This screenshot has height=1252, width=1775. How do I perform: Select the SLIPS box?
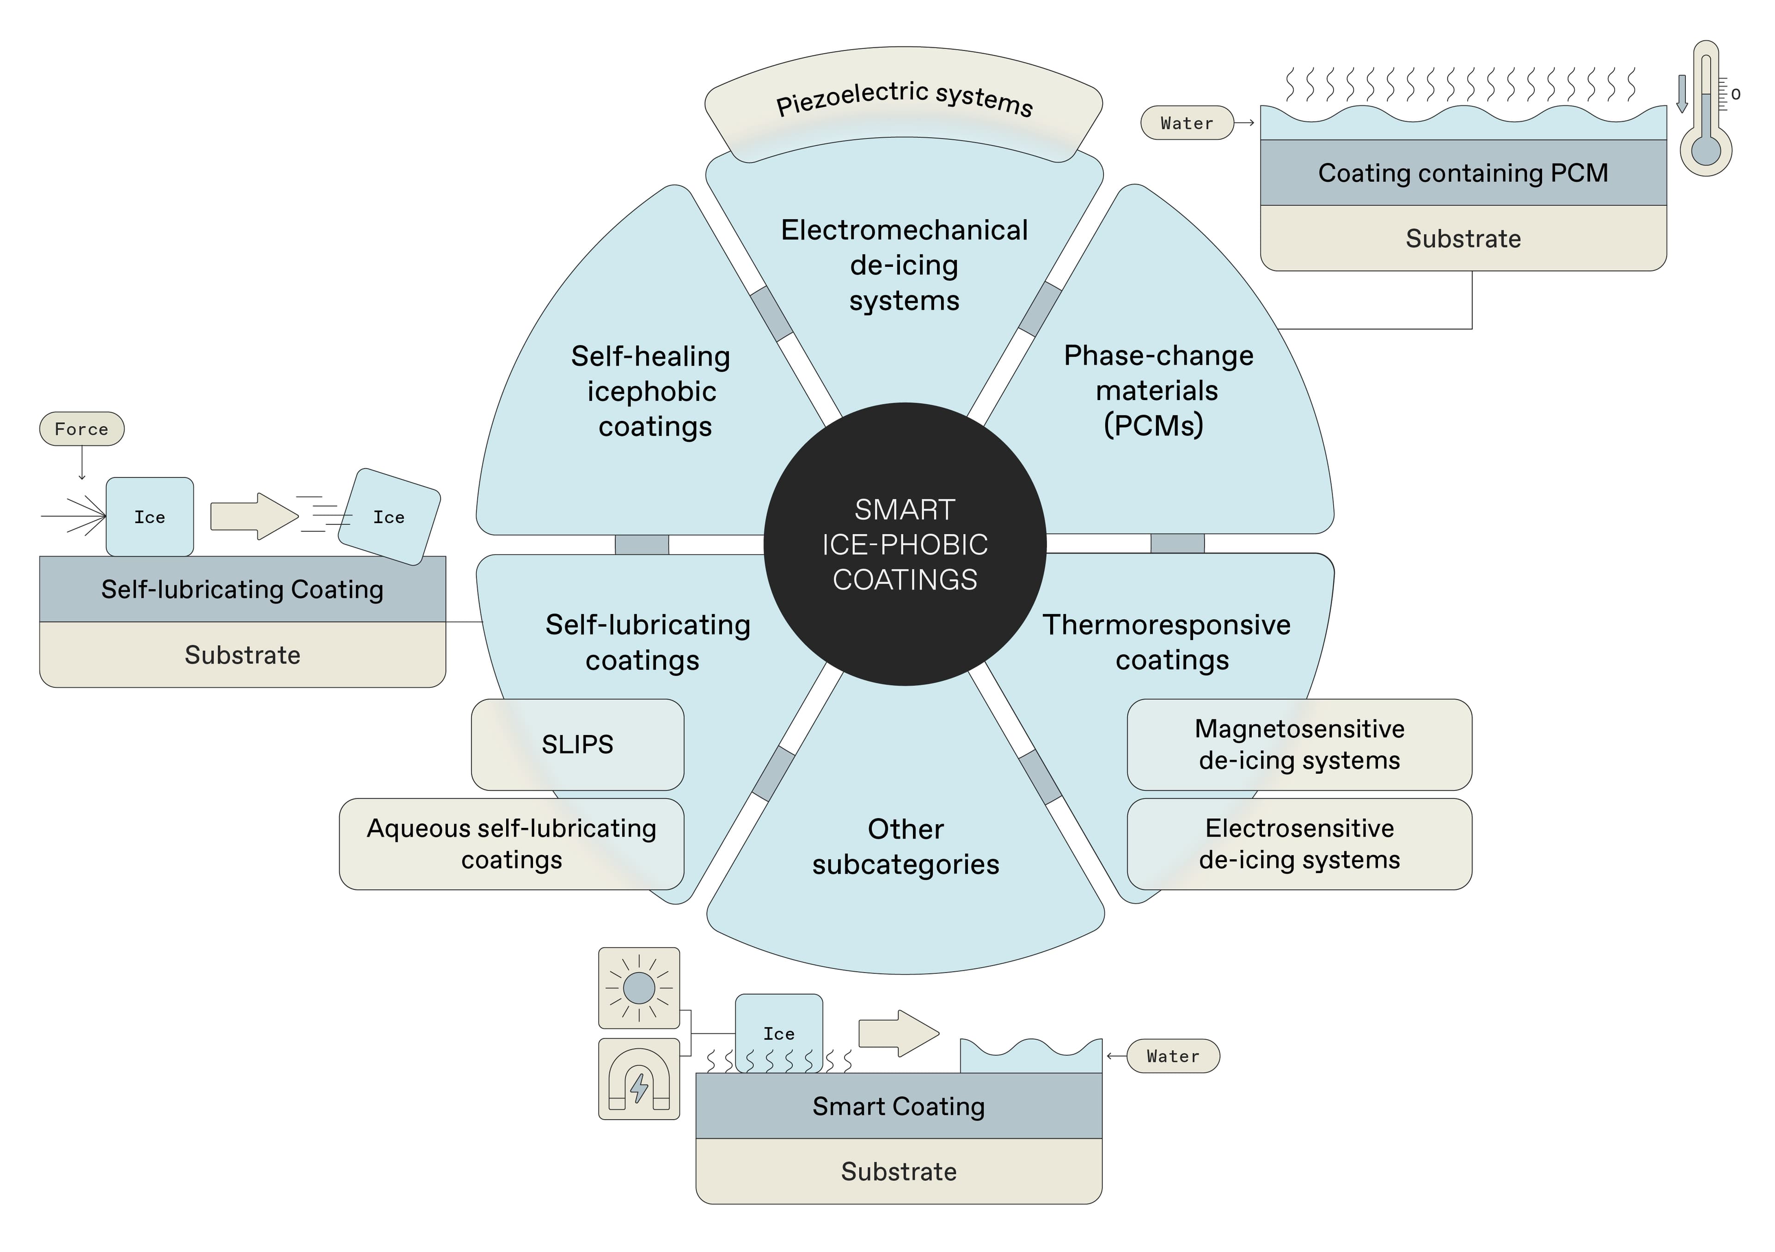577,744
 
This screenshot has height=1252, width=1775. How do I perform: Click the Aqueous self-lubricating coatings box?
511,844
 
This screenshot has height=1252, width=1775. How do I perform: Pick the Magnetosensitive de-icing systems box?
1299,744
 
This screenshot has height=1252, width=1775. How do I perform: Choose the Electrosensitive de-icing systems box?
1299,844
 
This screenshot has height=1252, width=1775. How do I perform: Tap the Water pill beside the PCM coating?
1187,123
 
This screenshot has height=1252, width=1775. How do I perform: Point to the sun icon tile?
638,987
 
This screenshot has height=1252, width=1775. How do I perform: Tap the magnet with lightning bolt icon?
638,1079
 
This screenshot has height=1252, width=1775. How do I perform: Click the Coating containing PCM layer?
1463,173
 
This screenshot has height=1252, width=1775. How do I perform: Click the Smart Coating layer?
898,1106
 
